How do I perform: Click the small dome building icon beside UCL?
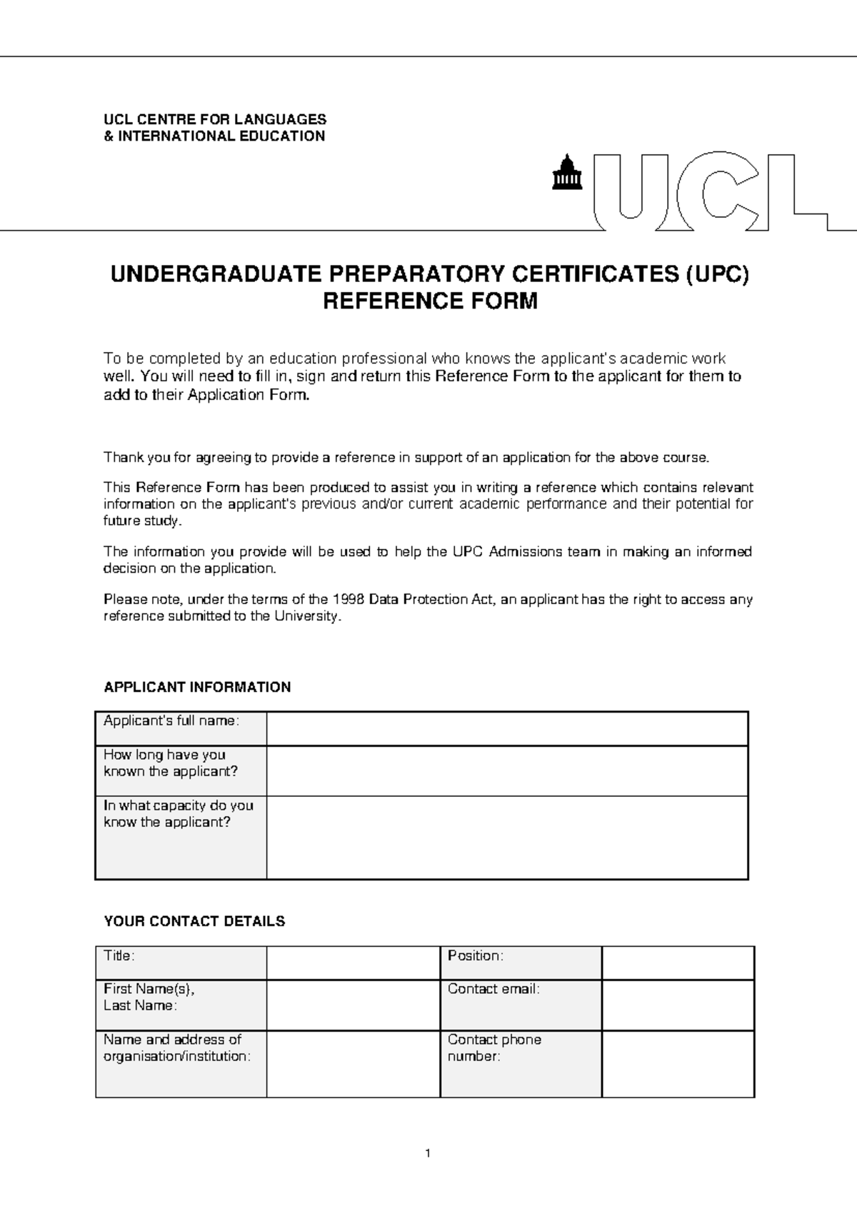(x=568, y=174)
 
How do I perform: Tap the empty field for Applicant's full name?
(x=507, y=728)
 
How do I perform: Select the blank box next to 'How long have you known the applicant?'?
(x=507, y=770)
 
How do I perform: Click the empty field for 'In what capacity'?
(x=507, y=837)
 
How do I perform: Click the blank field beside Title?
(x=353, y=963)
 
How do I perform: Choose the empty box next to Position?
(x=678, y=963)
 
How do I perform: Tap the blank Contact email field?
(x=678, y=1005)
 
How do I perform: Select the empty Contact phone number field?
(x=678, y=1063)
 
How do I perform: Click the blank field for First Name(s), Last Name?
(x=353, y=1005)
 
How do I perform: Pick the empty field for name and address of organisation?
(x=353, y=1063)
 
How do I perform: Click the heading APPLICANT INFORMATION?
(x=197, y=687)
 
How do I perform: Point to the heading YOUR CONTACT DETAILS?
(x=194, y=921)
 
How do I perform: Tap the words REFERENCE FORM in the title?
(x=430, y=301)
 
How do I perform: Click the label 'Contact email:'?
(x=493, y=989)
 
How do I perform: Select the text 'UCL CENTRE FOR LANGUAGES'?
(x=215, y=119)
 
